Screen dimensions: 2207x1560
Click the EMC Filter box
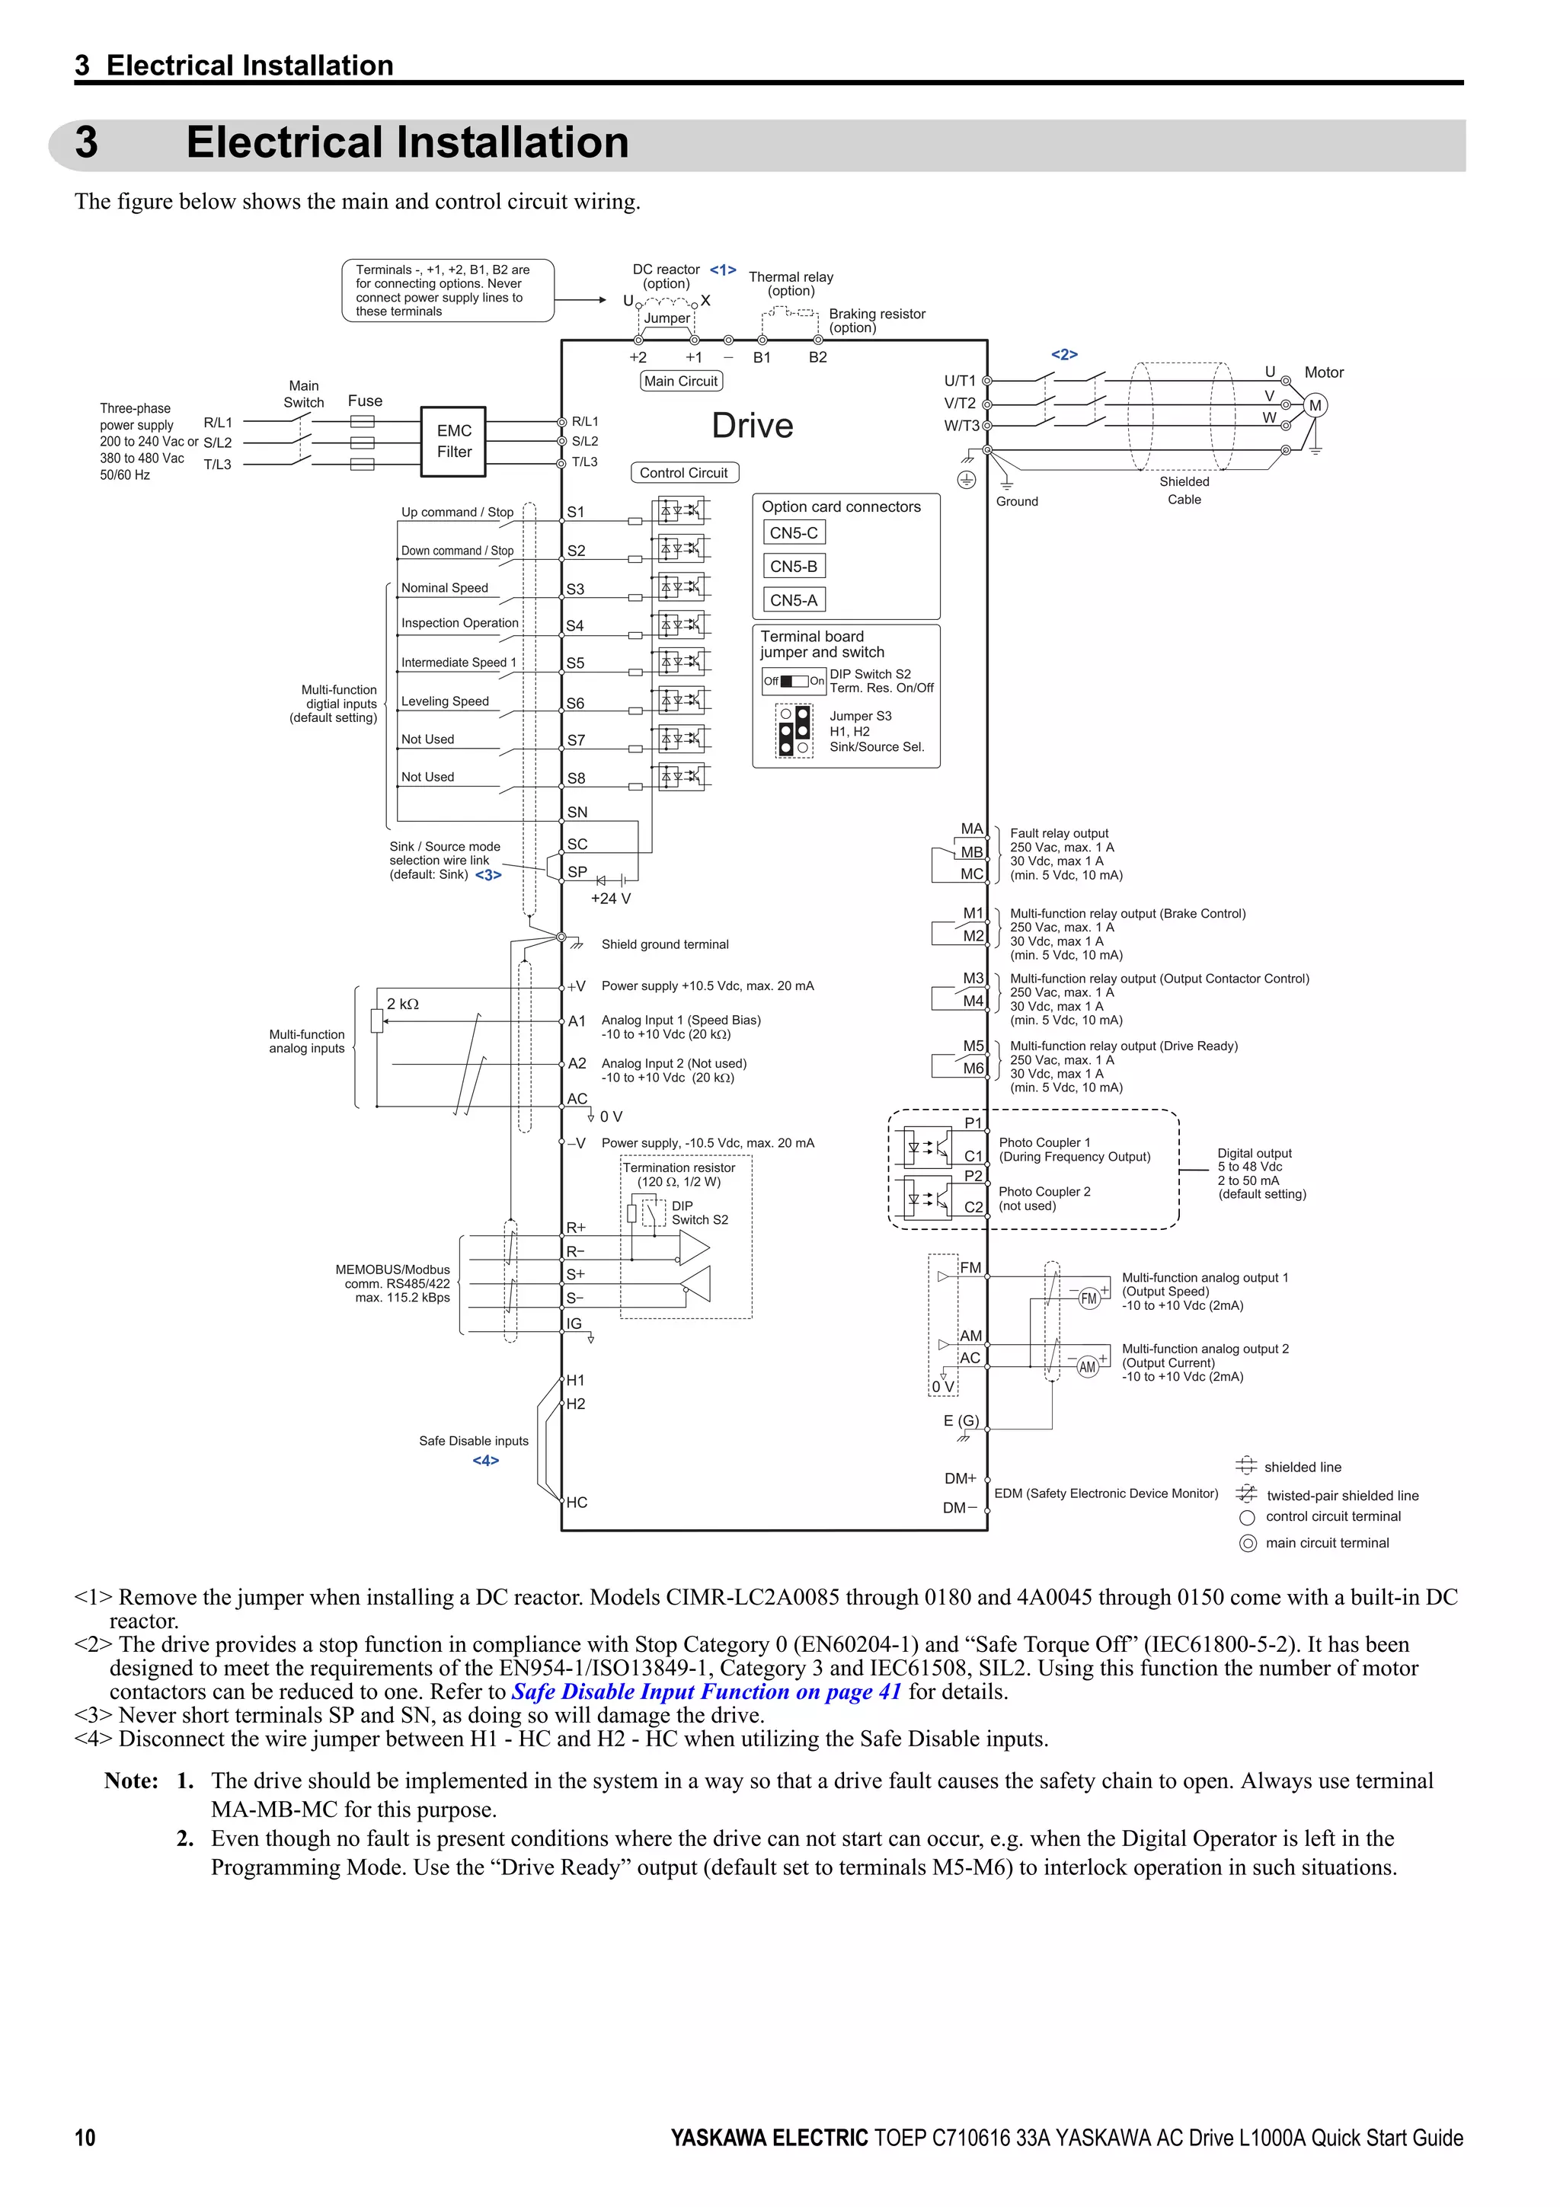point(454,441)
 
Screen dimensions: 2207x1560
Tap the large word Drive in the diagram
point(752,426)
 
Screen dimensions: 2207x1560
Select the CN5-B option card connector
point(794,566)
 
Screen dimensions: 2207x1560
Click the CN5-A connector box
point(794,600)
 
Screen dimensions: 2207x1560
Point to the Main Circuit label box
point(680,381)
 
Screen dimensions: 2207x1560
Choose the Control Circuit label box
point(683,473)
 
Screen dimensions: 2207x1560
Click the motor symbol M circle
point(1315,406)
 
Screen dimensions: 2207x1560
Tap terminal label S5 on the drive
point(575,663)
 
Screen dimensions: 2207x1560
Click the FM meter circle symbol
point(1088,1298)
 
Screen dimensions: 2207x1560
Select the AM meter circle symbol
point(1087,1367)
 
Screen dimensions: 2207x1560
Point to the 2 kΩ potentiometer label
point(403,1004)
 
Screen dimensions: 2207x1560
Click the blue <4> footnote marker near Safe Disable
point(485,1460)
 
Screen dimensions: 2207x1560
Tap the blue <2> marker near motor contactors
point(1064,355)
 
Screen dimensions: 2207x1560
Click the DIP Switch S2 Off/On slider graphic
point(794,681)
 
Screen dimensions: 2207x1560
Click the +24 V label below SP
point(610,899)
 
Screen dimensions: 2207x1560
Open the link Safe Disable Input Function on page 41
point(706,1691)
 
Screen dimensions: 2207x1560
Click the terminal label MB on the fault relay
point(972,851)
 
